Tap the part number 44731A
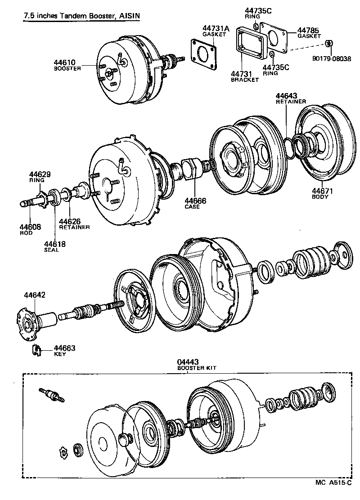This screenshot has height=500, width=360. click(x=215, y=28)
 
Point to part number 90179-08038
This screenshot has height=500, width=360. click(x=333, y=58)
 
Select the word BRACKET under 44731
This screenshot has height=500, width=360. click(x=244, y=80)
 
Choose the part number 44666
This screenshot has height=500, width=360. click(x=195, y=201)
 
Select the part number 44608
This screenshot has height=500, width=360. click(x=30, y=227)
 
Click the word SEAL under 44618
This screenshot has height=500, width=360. click(x=51, y=250)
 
